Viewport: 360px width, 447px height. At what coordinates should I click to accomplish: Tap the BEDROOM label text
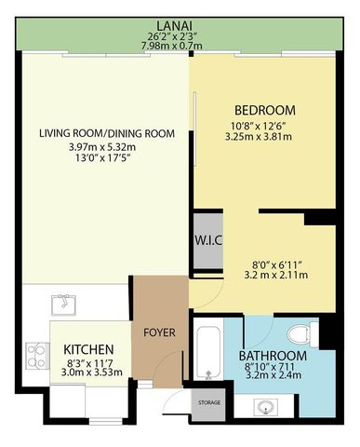click(264, 109)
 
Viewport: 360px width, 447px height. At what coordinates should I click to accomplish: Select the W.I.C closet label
click(207, 239)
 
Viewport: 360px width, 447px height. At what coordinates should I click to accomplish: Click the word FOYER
click(160, 331)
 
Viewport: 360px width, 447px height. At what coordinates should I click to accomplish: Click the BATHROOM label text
click(272, 357)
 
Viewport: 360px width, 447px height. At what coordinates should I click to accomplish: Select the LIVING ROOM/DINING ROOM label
click(107, 133)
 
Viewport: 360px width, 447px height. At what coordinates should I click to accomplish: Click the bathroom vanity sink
click(270, 406)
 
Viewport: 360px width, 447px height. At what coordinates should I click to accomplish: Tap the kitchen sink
click(63, 301)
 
